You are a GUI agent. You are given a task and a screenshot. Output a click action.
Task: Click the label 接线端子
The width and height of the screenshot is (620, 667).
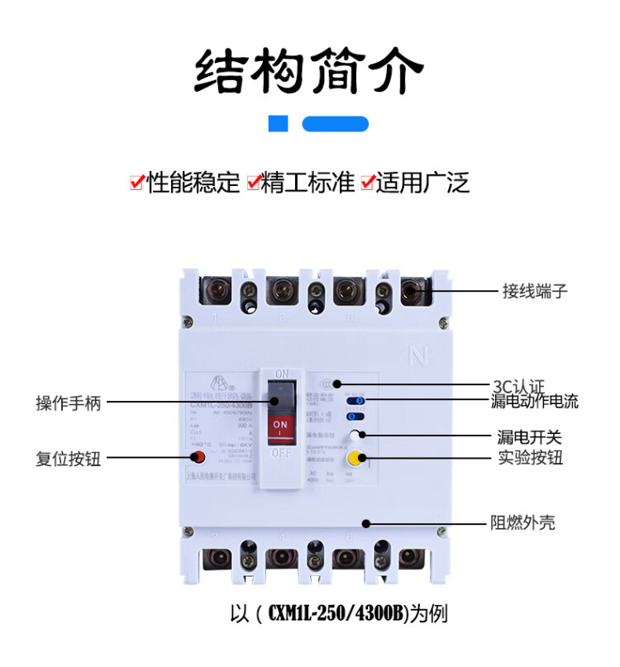click(x=535, y=291)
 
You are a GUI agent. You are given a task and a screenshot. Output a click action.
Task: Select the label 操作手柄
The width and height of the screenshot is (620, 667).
click(x=69, y=403)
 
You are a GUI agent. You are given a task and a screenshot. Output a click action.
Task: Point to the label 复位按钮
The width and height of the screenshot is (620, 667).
click(x=69, y=458)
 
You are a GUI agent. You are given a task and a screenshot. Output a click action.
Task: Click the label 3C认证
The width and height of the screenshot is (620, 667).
click(x=518, y=385)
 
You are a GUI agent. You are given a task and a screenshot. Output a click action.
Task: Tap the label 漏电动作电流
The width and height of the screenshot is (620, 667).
click(x=535, y=403)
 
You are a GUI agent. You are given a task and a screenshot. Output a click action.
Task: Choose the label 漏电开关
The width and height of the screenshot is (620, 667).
click(x=529, y=436)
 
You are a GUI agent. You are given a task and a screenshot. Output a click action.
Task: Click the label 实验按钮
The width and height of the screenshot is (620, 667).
click(x=530, y=457)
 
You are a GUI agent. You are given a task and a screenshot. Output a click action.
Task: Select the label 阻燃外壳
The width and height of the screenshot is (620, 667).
click(x=522, y=523)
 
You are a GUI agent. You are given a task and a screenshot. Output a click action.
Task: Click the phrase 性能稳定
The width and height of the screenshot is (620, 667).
click(x=193, y=182)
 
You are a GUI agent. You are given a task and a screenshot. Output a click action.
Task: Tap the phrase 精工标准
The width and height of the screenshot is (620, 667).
click(x=308, y=182)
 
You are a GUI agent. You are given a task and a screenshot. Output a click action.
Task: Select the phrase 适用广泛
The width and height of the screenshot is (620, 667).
click(x=422, y=182)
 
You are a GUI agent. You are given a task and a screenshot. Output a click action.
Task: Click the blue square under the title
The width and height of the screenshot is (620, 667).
click(x=279, y=125)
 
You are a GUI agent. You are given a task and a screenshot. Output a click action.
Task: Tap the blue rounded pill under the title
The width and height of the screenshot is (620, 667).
click(x=335, y=125)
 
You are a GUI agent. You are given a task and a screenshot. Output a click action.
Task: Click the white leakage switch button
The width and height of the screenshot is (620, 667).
click(x=355, y=436)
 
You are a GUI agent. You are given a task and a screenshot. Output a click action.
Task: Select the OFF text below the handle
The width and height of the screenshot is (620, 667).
click(x=282, y=453)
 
